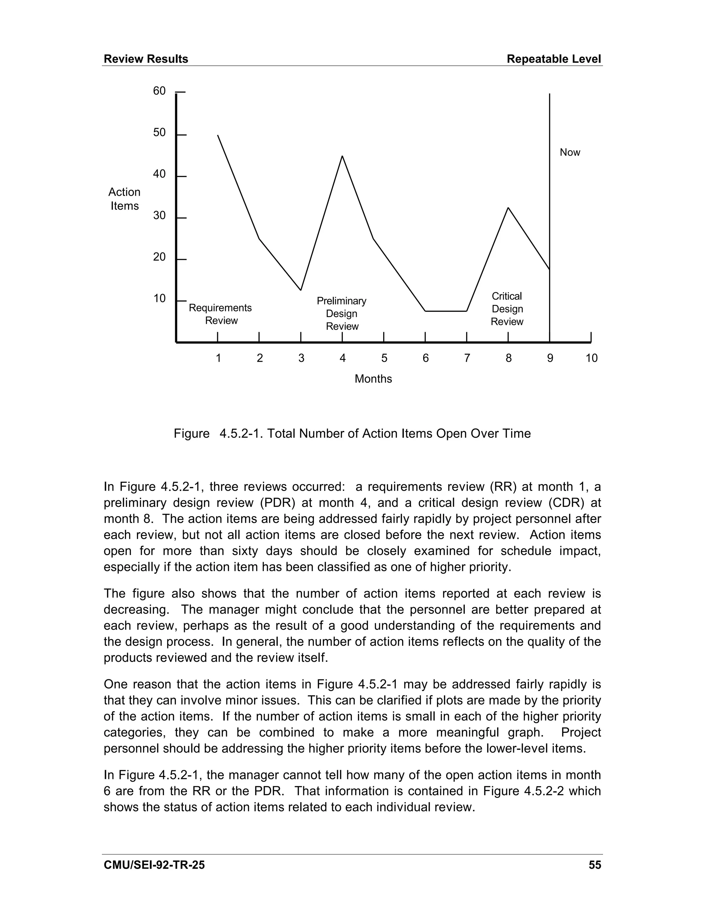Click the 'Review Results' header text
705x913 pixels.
point(146,59)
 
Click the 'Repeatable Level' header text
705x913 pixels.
point(554,59)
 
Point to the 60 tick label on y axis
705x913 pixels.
point(159,91)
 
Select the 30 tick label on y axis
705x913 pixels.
point(159,216)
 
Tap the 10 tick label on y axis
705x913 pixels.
point(159,298)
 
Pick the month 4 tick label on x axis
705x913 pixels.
point(343,358)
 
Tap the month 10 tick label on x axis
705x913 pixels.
point(591,358)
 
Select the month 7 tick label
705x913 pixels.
point(467,358)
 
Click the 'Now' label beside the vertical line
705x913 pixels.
point(570,153)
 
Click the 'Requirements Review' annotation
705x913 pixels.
point(221,314)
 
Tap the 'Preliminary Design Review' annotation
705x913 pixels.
point(341,314)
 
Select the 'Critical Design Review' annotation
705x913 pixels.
point(507,309)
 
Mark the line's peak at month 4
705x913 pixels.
point(343,156)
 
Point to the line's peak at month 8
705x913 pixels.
point(508,208)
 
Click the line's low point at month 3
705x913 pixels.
point(301,290)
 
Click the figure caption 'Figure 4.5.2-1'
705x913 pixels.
point(352,433)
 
